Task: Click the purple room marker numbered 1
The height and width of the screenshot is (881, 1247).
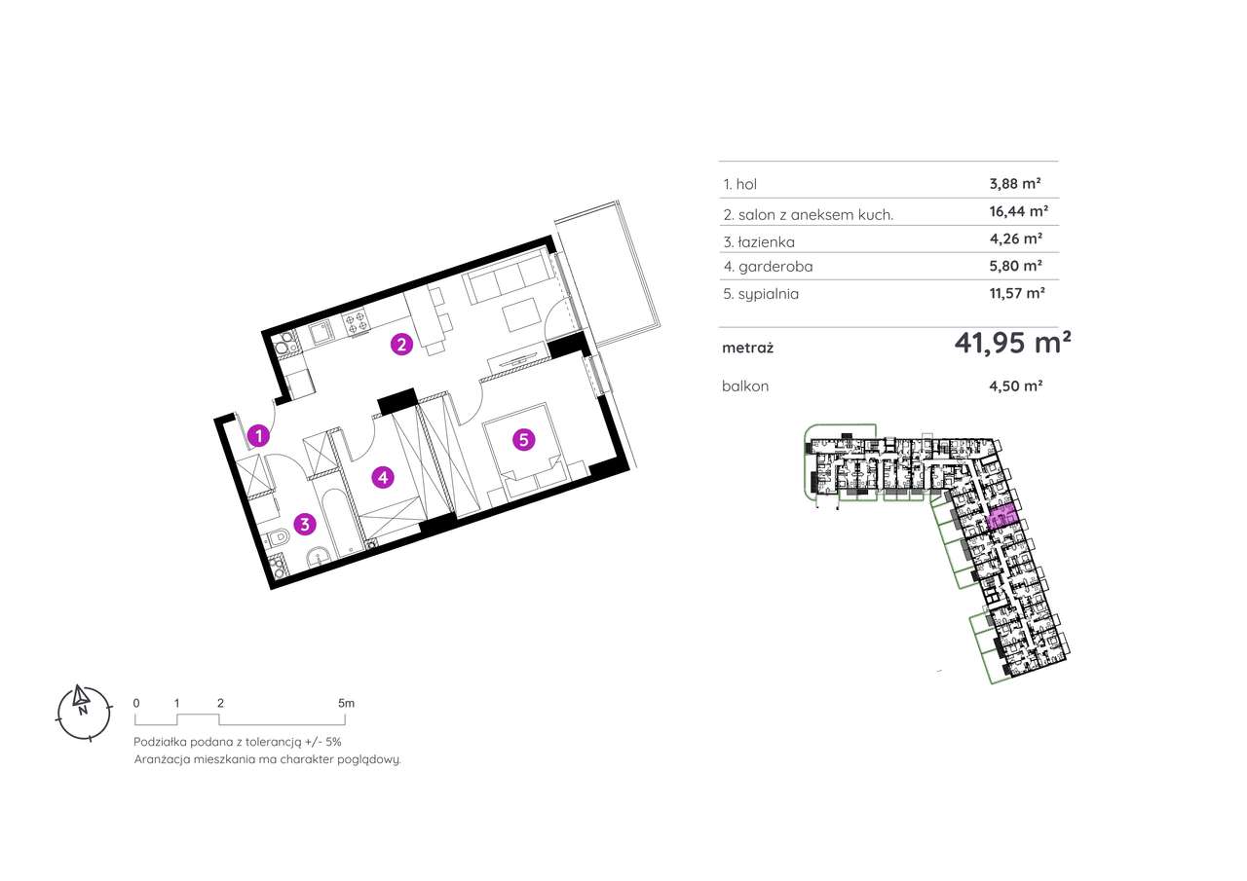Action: pos(258,436)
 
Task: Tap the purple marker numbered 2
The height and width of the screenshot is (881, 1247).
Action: pos(399,343)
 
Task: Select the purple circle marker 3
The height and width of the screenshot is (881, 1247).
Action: pos(305,525)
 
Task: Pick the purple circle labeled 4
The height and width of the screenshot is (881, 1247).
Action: pos(384,477)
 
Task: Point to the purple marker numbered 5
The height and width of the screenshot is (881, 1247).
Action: pos(523,440)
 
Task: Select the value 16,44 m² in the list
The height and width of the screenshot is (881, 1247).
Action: pos(1013,210)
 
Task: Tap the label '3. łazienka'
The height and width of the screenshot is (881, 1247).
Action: pos(760,240)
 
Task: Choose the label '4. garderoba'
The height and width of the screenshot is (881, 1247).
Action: pos(768,266)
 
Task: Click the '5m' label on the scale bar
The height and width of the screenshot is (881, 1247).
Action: pos(346,702)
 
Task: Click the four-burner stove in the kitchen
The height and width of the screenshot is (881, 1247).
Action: pos(356,322)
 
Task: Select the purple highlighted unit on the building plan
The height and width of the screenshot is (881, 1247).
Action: pos(1001,519)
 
